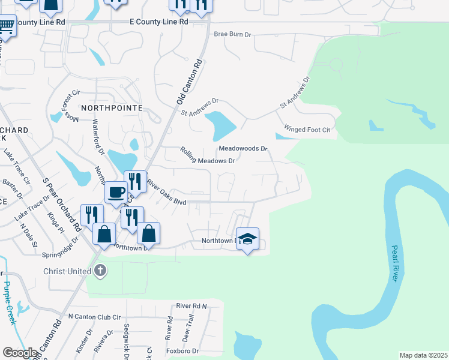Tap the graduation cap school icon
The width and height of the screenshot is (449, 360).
247,239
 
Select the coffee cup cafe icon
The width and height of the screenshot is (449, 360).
115,193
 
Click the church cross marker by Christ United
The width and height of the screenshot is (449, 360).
100,271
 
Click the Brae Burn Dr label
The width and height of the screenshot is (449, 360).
232,35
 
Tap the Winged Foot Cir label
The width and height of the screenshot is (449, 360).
307,130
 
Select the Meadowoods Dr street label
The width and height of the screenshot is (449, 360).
243,148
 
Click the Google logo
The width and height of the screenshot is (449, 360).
20,353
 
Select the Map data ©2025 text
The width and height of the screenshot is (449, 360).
423,355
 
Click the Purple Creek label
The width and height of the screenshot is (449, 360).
8,303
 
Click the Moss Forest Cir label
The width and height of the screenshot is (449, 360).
67,105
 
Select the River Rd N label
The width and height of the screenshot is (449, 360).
191,306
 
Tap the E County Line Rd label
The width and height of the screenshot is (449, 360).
159,21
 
